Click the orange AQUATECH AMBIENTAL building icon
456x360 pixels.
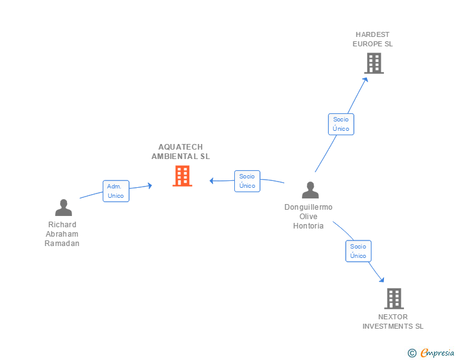pos(182,176)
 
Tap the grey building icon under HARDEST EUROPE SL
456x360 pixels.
pos(374,63)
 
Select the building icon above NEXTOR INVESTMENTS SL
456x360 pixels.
pos(394,299)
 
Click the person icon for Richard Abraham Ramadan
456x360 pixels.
pos(63,208)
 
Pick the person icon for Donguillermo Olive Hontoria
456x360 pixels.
pos(310,190)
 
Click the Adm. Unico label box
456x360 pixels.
pos(116,191)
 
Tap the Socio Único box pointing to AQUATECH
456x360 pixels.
pos(247,181)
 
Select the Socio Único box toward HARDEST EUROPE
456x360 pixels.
pos(341,124)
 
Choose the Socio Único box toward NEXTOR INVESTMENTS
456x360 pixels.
pos(358,251)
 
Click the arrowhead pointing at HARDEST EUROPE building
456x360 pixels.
pos(366,80)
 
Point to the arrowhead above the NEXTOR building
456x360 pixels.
pos(381,280)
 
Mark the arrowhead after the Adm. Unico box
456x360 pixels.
pos(150,185)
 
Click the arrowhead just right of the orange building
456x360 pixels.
pos(212,181)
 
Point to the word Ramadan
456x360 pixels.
pos(62,244)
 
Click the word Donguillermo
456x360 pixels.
pos(308,207)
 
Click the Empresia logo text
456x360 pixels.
pos(437,353)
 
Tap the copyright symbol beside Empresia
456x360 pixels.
pos(412,353)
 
